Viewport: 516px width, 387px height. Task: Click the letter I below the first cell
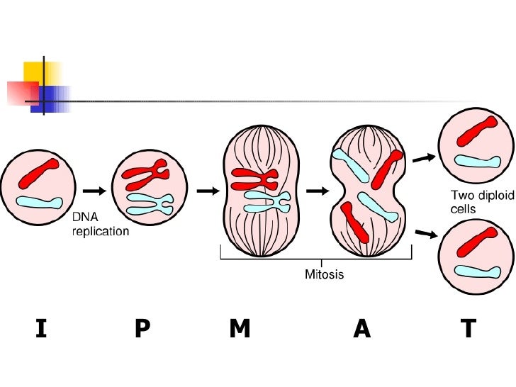(x=40, y=329)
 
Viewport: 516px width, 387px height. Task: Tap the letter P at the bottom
(x=142, y=329)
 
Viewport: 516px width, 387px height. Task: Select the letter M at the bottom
(x=240, y=329)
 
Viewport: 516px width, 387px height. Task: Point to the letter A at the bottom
(x=361, y=329)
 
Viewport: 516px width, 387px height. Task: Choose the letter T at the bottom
(x=468, y=329)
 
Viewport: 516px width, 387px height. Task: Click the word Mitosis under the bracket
(x=324, y=274)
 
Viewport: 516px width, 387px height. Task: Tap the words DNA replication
(x=101, y=225)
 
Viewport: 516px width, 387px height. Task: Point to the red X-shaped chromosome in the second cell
(x=145, y=173)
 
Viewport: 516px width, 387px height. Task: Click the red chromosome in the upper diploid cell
(x=478, y=132)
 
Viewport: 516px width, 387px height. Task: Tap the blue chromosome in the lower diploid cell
(x=477, y=271)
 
